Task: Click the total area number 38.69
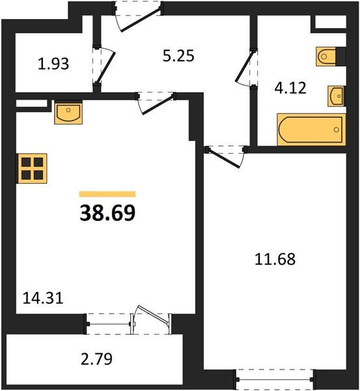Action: [x=107, y=212]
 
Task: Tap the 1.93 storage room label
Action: [x=53, y=64]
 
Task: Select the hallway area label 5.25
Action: [x=178, y=55]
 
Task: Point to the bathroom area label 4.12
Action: [x=290, y=88]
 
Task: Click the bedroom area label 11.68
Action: [x=275, y=259]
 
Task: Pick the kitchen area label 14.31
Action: [x=43, y=298]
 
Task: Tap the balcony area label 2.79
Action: [x=96, y=359]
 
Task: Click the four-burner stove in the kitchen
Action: [x=32, y=169]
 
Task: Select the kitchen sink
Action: [x=68, y=113]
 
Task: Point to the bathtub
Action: [x=311, y=130]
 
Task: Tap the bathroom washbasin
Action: [x=337, y=96]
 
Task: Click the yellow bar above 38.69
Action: [x=107, y=194]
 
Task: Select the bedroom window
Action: [x=275, y=379]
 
